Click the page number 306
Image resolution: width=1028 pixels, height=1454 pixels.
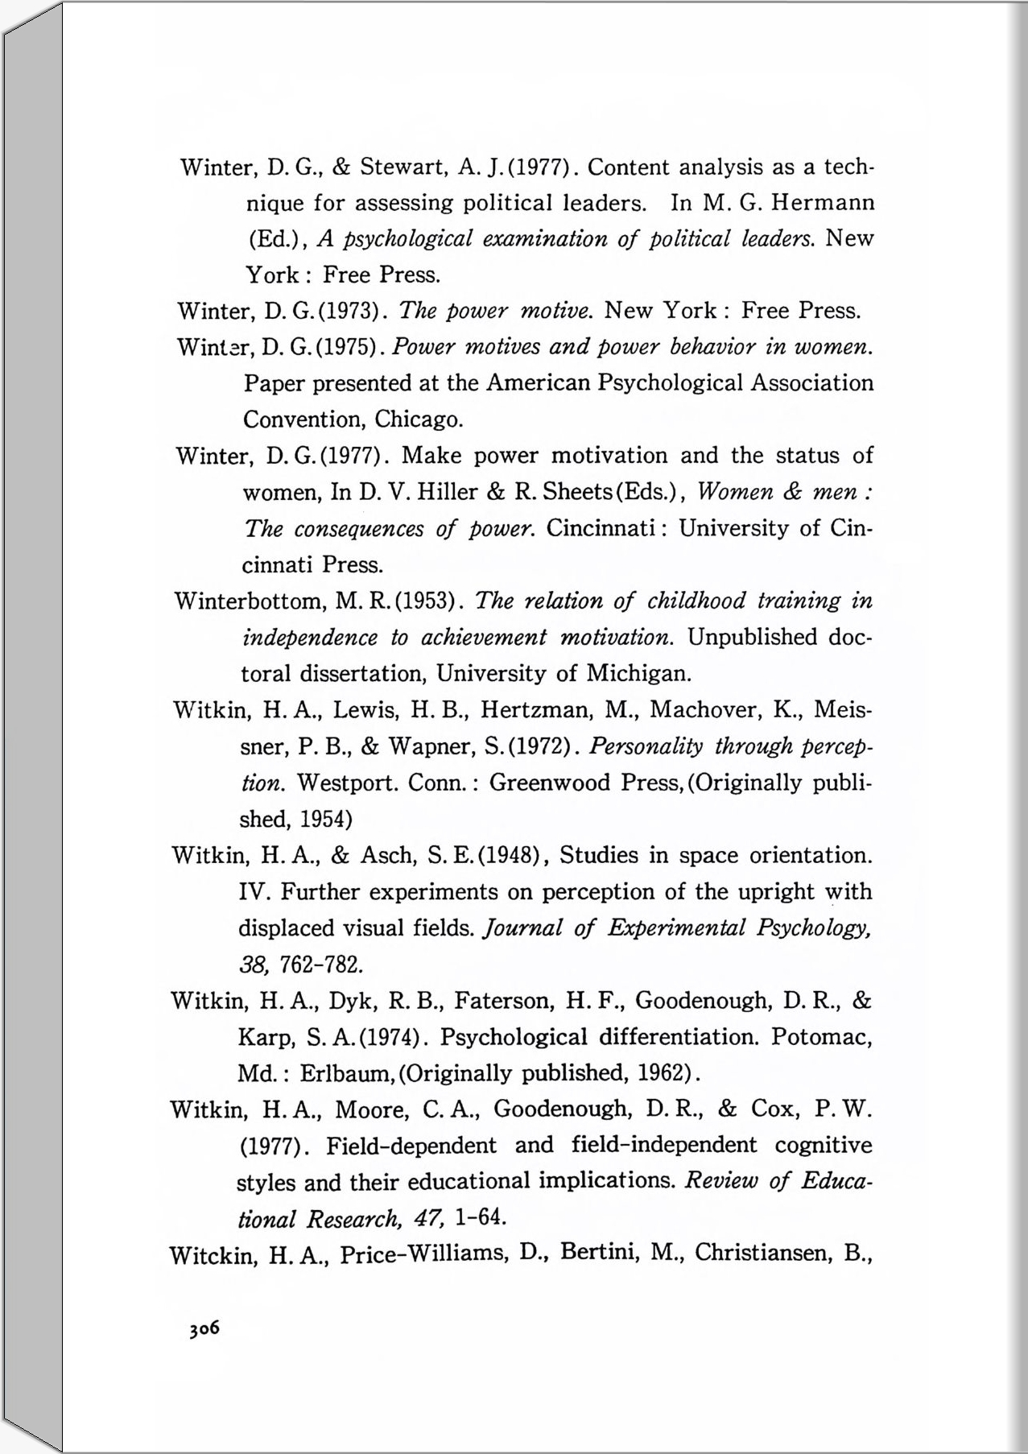pyautogui.click(x=204, y=1328)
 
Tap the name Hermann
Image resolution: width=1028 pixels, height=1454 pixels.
pyautogui.click(x=822, y=203)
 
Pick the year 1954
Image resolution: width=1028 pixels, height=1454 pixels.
pyautogui.click(x=324, y=820)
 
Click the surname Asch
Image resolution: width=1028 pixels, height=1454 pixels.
pyautogui.click(x=386, y=855)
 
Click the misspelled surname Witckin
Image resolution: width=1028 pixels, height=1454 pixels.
pyautogui.click(x=212, y=1255)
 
